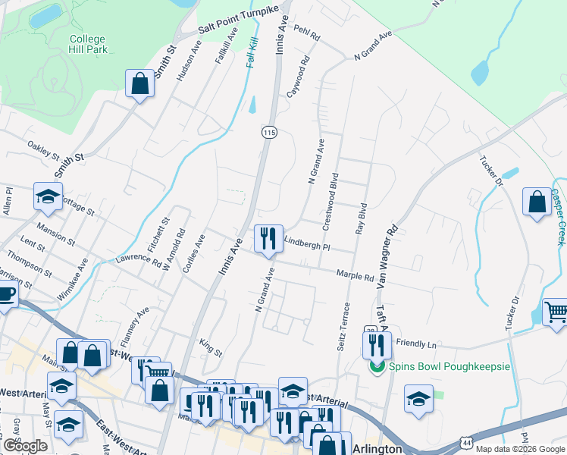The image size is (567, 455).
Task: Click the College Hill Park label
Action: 88,44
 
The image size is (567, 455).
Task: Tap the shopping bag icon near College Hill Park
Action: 140,83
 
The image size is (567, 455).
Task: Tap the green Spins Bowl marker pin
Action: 374,367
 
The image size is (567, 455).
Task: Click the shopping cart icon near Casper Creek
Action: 556,312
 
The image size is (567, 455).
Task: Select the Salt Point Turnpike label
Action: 245,20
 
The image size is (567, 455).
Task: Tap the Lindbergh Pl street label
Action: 307,243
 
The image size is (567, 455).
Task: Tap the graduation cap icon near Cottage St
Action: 48,197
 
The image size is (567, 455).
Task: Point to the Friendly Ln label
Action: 417,344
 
